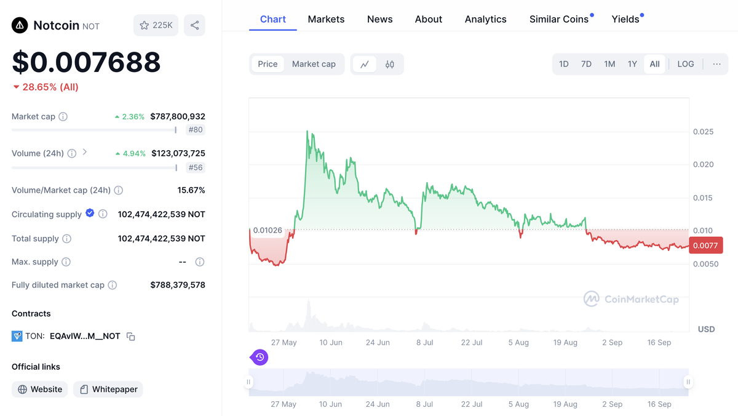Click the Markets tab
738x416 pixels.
(x=326, y=19)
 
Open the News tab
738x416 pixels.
(x=379, y=19)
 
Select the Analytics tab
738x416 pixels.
(x=485, y=19)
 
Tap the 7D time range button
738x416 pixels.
(x=586, y=64)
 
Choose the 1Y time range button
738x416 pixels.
(x=632, y=64)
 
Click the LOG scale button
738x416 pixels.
(x=685, y=64)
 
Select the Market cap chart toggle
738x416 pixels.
(x=314, y=64)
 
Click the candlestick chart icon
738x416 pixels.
(x=389, y=64)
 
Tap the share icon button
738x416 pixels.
(x=194, y=25)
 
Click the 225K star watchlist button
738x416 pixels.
(x=156, y=25)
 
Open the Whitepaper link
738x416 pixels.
(x=108, y=390)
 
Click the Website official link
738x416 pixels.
(x=40, y=390)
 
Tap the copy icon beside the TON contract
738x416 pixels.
(x=130, y=337)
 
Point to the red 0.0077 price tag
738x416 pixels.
(x=705, y=246)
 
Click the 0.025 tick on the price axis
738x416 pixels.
(x=703, y=132)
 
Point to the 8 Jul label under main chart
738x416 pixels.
(x=424, y=342)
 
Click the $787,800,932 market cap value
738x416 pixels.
(x=178, y=116)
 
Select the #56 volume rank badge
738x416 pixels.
(x=196, y=167)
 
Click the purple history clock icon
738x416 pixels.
(x=260, y=357)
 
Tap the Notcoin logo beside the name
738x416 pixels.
(x=20, y=25)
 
